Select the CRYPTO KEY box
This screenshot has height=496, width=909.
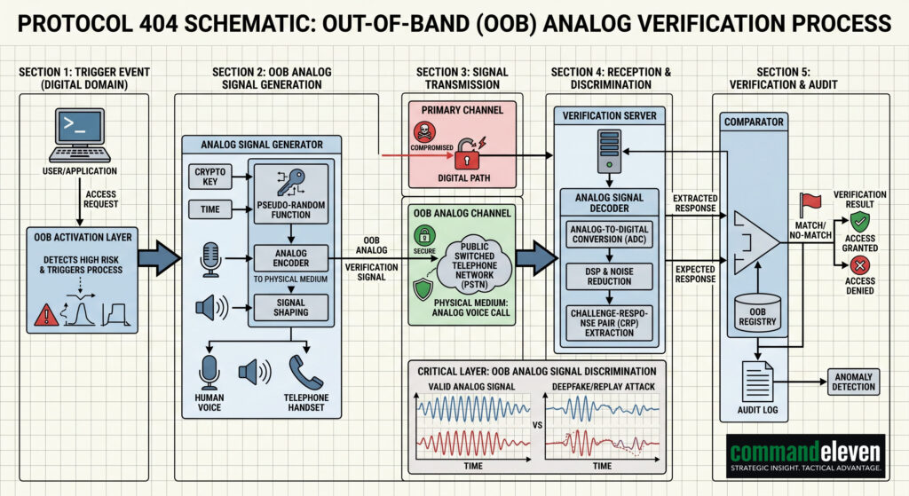(x=212, y=175)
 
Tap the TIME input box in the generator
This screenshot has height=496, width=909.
(x=212, y=209)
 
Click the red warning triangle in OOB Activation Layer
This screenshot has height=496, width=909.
(x=44, y=314)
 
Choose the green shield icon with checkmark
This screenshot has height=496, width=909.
(x=424, y=290)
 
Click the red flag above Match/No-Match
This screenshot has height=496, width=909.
(x=808, y=203)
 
